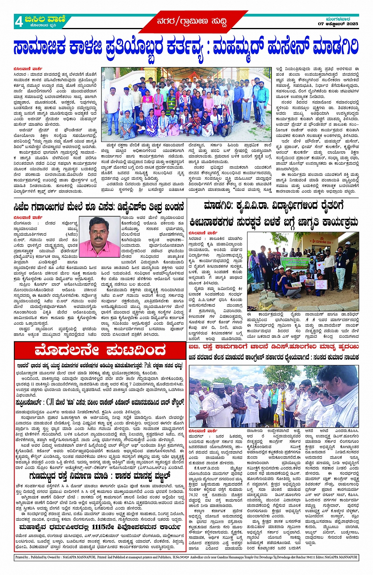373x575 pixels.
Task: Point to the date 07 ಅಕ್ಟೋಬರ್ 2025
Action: (x=338, y=24)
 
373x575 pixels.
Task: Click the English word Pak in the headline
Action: (x=148, y=365)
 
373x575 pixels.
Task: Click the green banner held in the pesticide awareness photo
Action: (x=297, y=262)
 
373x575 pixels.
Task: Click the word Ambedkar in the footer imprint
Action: (x=199, y=557)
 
